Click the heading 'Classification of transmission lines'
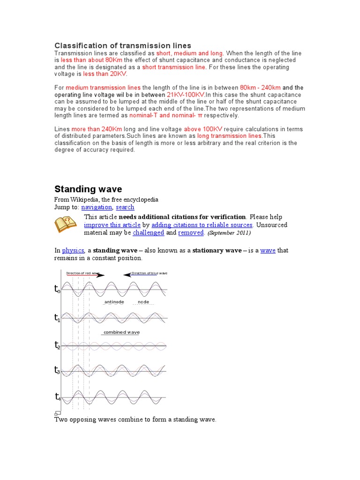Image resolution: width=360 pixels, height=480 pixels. click(x=123, y=45)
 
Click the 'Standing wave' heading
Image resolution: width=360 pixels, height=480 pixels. click(x=88, y=189)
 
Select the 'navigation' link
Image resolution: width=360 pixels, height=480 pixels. click(x=97, y=207)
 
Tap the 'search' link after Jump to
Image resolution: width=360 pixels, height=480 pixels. click(x=125, y=207)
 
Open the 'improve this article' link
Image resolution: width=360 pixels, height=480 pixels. click(x=112, y=225)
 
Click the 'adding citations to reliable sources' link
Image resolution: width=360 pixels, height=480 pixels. click(x=202, y=225)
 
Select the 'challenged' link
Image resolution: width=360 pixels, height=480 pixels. click(x=148, y=233)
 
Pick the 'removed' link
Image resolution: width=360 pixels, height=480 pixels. click(x=191, y=233)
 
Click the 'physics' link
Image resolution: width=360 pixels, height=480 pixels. click(x=73, y=251)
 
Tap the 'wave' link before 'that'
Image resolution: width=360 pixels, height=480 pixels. click(x=268, y=251)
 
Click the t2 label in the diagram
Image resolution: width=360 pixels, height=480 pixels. click(x=57, y=346)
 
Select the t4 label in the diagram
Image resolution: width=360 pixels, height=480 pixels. click(x=57, y=397)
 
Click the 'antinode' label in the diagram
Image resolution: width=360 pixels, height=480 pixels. click(x=114, y=302)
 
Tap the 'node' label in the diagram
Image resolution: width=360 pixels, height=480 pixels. click(x=143, y=302)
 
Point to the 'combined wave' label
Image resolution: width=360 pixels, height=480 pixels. click(x=121, y=332)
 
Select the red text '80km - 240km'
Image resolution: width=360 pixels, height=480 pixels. click(x=260, y=88)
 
